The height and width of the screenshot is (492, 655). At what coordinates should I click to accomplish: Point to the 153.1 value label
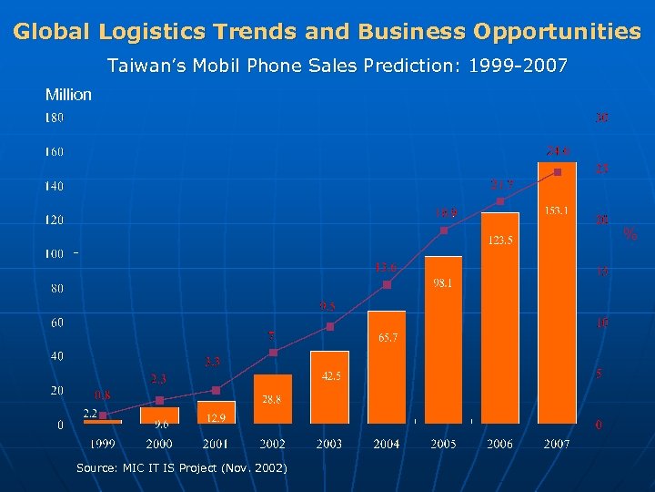(x=558, y=211)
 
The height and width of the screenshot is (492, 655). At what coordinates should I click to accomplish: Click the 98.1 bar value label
(x=443, y=283)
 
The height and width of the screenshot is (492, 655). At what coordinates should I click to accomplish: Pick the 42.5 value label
(x=330, y=375)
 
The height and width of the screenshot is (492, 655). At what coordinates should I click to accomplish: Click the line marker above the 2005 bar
(x=444, y=231)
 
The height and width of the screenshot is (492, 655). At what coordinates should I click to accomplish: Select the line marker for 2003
(x=330, y=326)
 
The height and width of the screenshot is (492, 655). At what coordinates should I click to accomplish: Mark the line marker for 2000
(x=159, y=400)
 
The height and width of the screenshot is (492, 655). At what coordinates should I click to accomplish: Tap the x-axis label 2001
(x=216, y=444)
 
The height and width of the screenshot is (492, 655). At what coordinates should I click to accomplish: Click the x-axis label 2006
(x=499, y=444)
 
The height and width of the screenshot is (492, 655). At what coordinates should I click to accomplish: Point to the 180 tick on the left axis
(x=55, y=118)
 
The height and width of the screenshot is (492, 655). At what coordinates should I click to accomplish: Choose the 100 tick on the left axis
(x=55, y=253)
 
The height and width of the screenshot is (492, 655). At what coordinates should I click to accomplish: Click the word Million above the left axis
(x=68, y=95)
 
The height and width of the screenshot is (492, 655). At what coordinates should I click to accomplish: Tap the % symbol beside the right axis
(x=630, y=234)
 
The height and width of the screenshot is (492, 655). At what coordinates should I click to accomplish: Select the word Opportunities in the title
(x=557, y=32)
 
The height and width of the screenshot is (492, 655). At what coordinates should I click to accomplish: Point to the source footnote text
(x=181, y=467)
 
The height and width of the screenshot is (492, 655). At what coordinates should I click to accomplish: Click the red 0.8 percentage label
(x=103, y=395)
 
